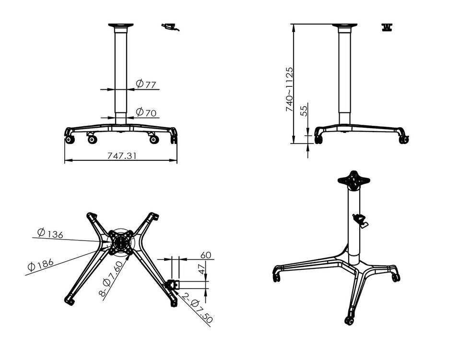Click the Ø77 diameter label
coord(146,84)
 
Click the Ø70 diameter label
coord(146,113)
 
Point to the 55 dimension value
coord(303,111)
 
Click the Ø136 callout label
coord(50,234)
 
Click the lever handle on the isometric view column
coord(360,220)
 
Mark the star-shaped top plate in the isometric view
coord(354,181)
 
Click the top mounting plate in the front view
coord(120,25)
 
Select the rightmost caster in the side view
coord(403,140)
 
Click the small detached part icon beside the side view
coord(387,27)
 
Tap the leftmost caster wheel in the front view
coord(70,140)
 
